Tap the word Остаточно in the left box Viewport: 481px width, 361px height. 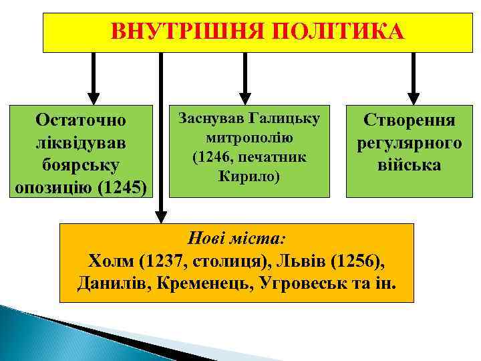(83, 121)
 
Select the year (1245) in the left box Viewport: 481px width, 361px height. (126, 187)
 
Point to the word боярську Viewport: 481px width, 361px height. (83, 164)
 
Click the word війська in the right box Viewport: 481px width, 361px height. (409, 164)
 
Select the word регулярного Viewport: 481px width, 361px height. (409, 142)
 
